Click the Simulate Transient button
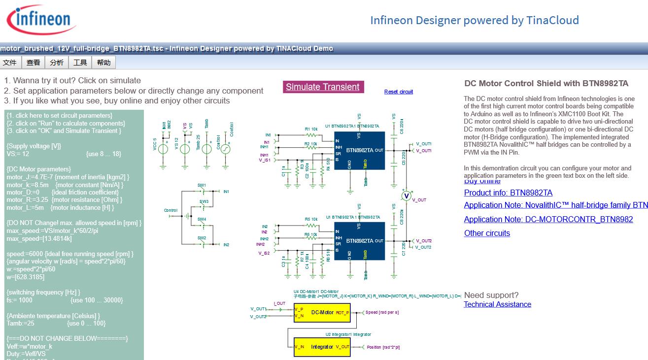click(x=323, y=87)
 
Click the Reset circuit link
click(x=398, y=92)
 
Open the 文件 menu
click(x=10, y=63)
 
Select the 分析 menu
click(x=57, y=63)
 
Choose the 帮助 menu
click(x=103, y=63)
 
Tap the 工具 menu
click(x=80, y=63)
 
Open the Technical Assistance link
click(x=497, y=304)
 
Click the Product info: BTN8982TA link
click(x=508, y=193)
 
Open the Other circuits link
click(x=487, y=233)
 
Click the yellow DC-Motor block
click(x=322, y=312)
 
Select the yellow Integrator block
click(x=322, y=347)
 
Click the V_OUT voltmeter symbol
click(x=406, y=196)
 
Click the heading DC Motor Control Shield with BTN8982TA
click(x=546, y=84)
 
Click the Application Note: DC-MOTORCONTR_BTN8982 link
click(x=548, y=220)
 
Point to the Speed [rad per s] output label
click(x=382, y=313)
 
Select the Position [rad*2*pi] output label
click(x=383, y=347)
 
